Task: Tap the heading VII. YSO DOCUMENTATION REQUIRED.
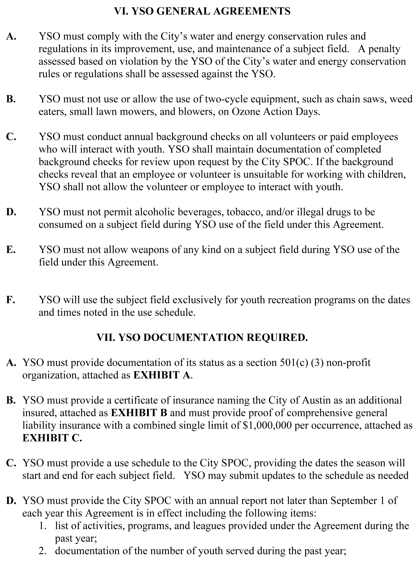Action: [x=202, y=338]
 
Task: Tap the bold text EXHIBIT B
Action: [x=139, y=413]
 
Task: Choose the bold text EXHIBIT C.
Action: [x=52, y=438]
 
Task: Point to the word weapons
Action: [x=150, y=250]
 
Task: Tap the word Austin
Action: [x=315, y=400]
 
